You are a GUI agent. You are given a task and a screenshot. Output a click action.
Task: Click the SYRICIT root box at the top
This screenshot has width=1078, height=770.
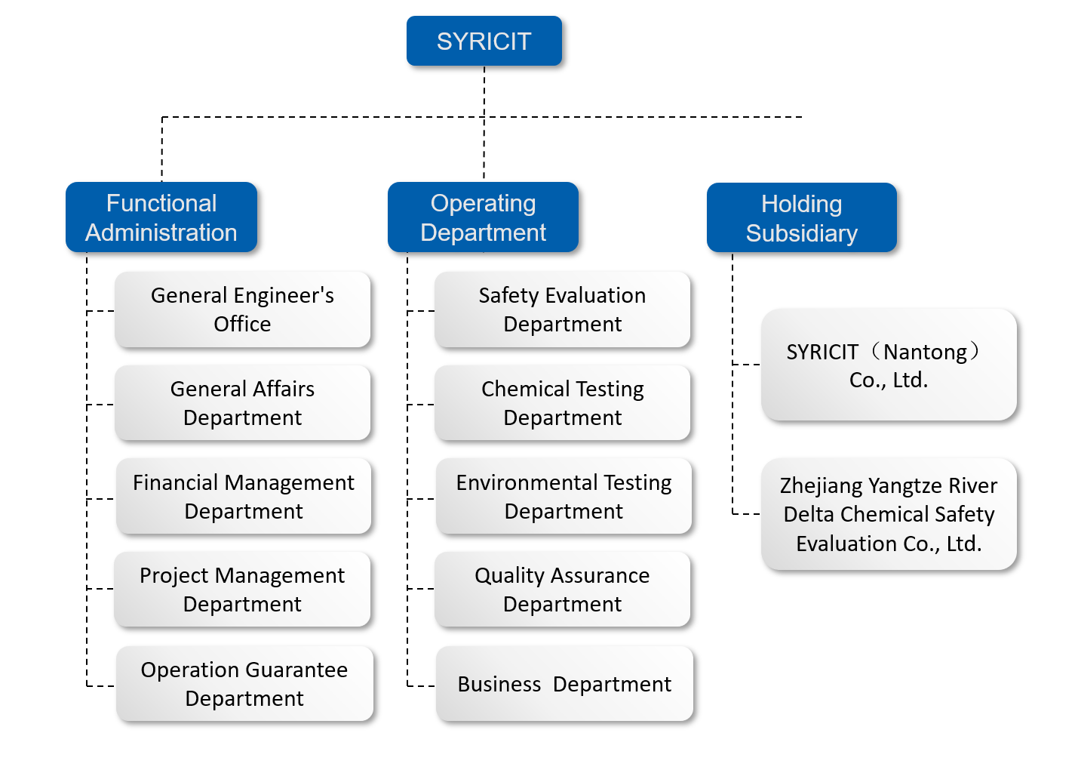[484, 41]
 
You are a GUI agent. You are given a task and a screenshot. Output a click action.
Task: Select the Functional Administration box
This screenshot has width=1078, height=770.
[161, 217]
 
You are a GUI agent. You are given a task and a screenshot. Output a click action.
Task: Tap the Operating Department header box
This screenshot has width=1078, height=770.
[483, 217]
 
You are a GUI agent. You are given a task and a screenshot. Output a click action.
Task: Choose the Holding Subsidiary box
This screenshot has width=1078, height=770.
[802, 217]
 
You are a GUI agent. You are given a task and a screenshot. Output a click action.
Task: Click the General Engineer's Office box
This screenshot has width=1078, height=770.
[243, 310]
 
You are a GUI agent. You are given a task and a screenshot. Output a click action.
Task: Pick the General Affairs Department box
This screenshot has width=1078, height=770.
[243, 402]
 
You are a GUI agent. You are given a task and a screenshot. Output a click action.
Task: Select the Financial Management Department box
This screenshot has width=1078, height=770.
[244, 496]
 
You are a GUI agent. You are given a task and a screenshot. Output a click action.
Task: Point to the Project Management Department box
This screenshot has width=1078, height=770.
[243, 590]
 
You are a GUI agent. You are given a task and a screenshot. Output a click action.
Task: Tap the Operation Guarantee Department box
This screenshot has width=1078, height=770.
[244, 684]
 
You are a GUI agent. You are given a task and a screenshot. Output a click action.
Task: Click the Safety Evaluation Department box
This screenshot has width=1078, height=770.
[563, 310]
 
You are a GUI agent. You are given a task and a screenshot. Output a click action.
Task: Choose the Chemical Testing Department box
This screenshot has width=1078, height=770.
[563, 402]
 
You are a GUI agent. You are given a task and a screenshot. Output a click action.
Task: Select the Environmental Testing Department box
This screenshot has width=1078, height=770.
[564, 496]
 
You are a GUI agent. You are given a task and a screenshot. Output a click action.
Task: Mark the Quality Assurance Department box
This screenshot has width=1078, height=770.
[563, 590]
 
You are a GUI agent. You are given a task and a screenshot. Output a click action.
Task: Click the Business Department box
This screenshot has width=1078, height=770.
[564, 684]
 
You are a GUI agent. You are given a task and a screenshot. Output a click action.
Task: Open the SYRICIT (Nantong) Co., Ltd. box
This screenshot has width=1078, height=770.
[889, 365]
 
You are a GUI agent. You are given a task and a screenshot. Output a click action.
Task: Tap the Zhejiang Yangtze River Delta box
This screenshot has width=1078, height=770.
[889, 514]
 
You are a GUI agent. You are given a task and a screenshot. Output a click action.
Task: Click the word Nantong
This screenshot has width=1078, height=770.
[925, 353]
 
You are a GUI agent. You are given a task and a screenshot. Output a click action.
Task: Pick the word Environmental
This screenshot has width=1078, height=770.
[527, 483]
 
